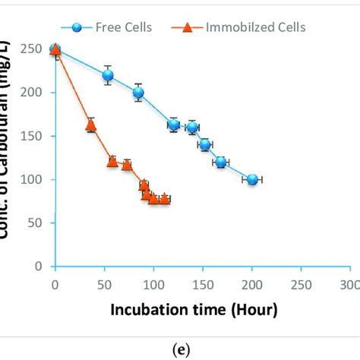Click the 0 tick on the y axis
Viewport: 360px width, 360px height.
pyautogui.click(x=38, y=267)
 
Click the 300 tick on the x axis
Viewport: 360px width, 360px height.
pyautogui.click(x=349, y=284)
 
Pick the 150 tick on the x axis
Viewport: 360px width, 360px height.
pyautogui.click(x=202, y=284)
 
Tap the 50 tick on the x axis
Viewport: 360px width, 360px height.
pyautogui.click(x=103, y=284)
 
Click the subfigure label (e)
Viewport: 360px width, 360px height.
pyautogui.click(x=180, y=350)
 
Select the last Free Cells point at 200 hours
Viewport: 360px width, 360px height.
pyautogui.click(x=252, y=179)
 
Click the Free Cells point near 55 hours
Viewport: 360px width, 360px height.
pyautogui.click(x=108, y=75)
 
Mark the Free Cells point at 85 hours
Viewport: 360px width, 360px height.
pyautogui.click(x=138, y=93)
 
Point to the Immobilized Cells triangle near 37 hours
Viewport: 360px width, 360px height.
pyautogui.click(x=90, y=125)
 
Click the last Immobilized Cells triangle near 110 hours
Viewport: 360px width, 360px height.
pyautogui.click(x=164, y=198)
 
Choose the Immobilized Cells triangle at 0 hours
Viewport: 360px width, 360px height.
pyautogui.click(x=55, y=49)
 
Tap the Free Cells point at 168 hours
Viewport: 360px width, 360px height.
pyautogui.click(x=220, y=162)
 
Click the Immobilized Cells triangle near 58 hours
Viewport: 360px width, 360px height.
pyautogui.click(x=112, y=161)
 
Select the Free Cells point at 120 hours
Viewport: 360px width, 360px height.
pyautogui.click(x=173, y=125)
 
